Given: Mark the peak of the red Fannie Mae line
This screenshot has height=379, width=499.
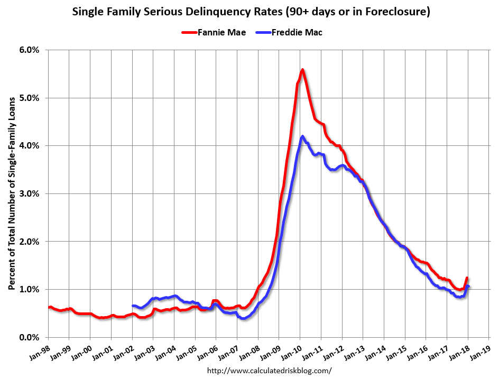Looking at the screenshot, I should (302, 70).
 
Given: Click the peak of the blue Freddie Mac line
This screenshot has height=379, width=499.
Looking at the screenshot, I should (302, 136).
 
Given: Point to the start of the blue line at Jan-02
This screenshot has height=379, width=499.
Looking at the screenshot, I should (133, 306).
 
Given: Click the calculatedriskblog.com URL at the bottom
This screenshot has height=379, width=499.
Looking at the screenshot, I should (270, 371).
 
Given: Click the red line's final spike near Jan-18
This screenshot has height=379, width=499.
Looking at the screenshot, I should (467, 279).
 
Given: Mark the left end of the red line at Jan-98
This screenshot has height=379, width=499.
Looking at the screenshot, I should (49, 307).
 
